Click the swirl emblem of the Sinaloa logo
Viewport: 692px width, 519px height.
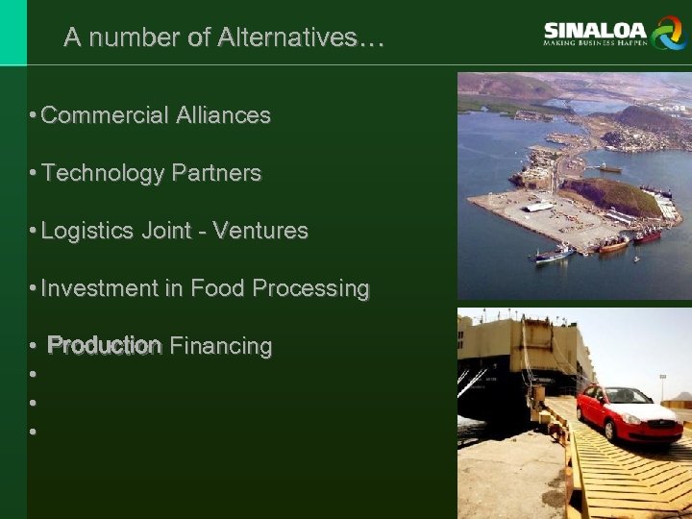(x=666, y=33)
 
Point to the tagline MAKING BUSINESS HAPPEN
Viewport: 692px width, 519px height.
(x=595, y=43)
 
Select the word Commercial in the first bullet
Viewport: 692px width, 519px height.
(x=105, y=115)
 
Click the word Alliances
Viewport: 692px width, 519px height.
(x=223, y=115)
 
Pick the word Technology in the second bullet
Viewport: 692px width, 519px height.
(x=103, y=173)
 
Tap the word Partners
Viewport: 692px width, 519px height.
(x=216, y=173)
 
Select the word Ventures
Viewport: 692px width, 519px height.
(x=260, y=231)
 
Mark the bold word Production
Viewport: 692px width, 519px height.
(x=104, y=345)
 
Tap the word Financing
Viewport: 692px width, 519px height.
(x=221, y=346)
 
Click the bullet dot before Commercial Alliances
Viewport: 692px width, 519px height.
(x=33, y=116)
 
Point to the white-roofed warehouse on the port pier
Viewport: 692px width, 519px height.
(x=539, y=206)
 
